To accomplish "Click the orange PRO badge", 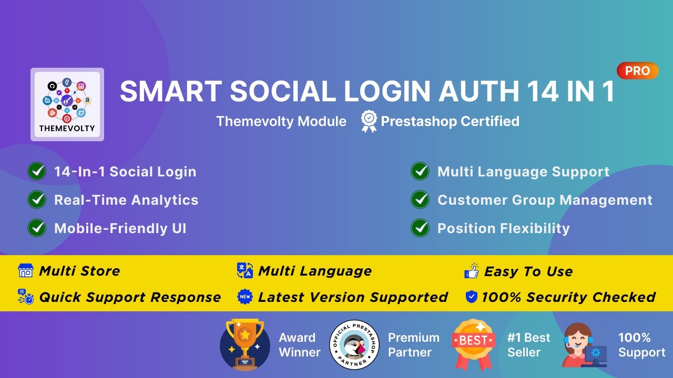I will click(637, 71).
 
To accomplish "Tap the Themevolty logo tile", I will click(67, 104).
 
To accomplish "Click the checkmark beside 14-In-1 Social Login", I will click(37, 171).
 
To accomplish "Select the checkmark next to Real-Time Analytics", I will click(37, 199).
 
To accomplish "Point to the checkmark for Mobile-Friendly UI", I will click(37, 228).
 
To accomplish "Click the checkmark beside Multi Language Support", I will click(420, 171).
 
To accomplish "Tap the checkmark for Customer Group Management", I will click(420, 199).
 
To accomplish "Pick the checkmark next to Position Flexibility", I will click(420, 228).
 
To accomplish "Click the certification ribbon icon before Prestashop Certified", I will click(369, 121).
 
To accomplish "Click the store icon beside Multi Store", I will click(25, 271).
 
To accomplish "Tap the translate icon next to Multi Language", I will click(245, 271).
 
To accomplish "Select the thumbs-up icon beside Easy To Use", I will click(472, 271).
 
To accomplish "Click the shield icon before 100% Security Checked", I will click(472, 297).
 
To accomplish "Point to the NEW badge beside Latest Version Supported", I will click(245, 297).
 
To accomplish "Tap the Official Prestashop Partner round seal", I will click(354, 344).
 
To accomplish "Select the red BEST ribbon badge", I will click(474, 344).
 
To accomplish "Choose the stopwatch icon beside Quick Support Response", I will click(25, 297).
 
